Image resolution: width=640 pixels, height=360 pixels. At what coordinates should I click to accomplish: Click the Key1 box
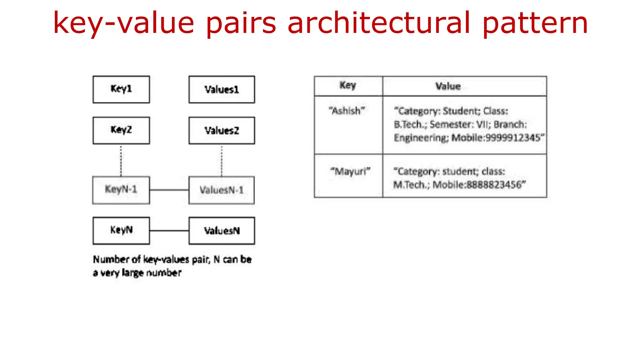coord(121,89)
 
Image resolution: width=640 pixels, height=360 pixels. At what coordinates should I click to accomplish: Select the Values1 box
coord(222,89)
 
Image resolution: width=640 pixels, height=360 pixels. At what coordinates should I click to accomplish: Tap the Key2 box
coord(121,130)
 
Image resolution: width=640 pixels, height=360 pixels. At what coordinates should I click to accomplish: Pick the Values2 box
coord(222,130)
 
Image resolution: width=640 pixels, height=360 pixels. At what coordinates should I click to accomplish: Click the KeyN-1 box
coord(121,190)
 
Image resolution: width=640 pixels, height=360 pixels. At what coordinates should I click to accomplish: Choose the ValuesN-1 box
coord(222,190)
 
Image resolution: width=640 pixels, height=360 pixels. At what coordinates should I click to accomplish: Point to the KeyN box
coord(121,231)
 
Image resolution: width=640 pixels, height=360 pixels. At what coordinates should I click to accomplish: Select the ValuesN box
coord(222,231)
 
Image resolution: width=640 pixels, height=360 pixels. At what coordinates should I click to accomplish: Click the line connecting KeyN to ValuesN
coord(169,231)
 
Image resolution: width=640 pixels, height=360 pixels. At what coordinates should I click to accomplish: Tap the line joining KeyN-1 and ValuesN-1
coord(169,190)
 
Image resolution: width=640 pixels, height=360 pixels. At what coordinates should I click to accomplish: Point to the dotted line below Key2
coord(121,160)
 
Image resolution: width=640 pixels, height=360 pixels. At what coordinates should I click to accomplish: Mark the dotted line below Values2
coord(222,160)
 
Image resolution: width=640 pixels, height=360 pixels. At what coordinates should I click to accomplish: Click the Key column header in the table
coord(348,86)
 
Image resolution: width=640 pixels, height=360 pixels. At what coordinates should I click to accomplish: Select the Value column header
coord(448,86)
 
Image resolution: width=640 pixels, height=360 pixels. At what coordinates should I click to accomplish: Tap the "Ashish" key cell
coord(347,111)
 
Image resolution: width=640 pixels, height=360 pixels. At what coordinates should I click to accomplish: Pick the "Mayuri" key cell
coord(350,171)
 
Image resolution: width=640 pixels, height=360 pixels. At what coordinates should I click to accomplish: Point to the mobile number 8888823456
coord(494,185)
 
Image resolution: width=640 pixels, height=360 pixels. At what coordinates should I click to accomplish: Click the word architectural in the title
coord(379,22)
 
